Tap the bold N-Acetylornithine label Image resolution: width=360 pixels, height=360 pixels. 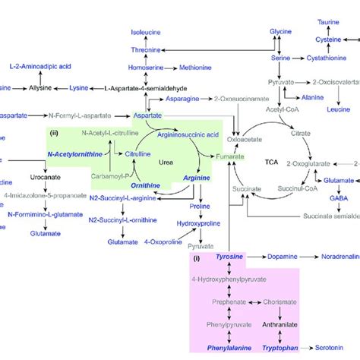73,153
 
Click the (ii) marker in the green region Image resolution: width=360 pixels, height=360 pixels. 54,134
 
